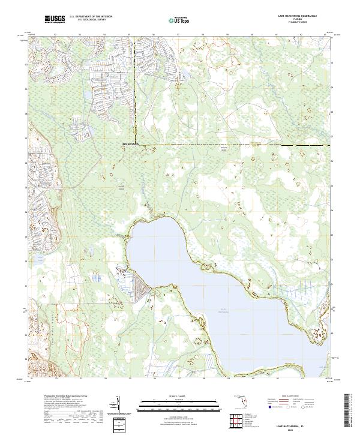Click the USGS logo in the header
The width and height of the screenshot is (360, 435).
[55, 19]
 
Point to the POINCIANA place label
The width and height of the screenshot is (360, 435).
[130, 145]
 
